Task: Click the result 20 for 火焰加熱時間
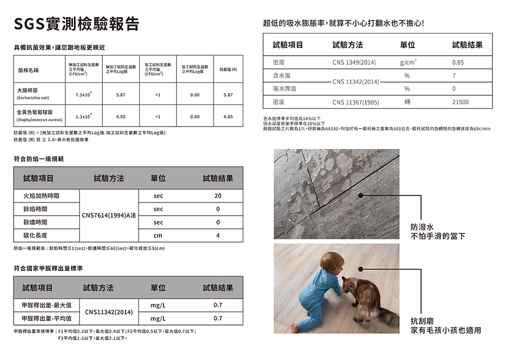218,195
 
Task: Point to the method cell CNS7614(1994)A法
109,216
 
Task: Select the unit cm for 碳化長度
158,235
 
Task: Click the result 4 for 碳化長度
218,235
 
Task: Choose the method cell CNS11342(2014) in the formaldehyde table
109,312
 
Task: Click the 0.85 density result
457,62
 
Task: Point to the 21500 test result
457,102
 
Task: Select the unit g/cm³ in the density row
407,62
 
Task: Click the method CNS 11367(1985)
355,102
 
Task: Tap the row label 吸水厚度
284,89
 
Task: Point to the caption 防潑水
423,227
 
